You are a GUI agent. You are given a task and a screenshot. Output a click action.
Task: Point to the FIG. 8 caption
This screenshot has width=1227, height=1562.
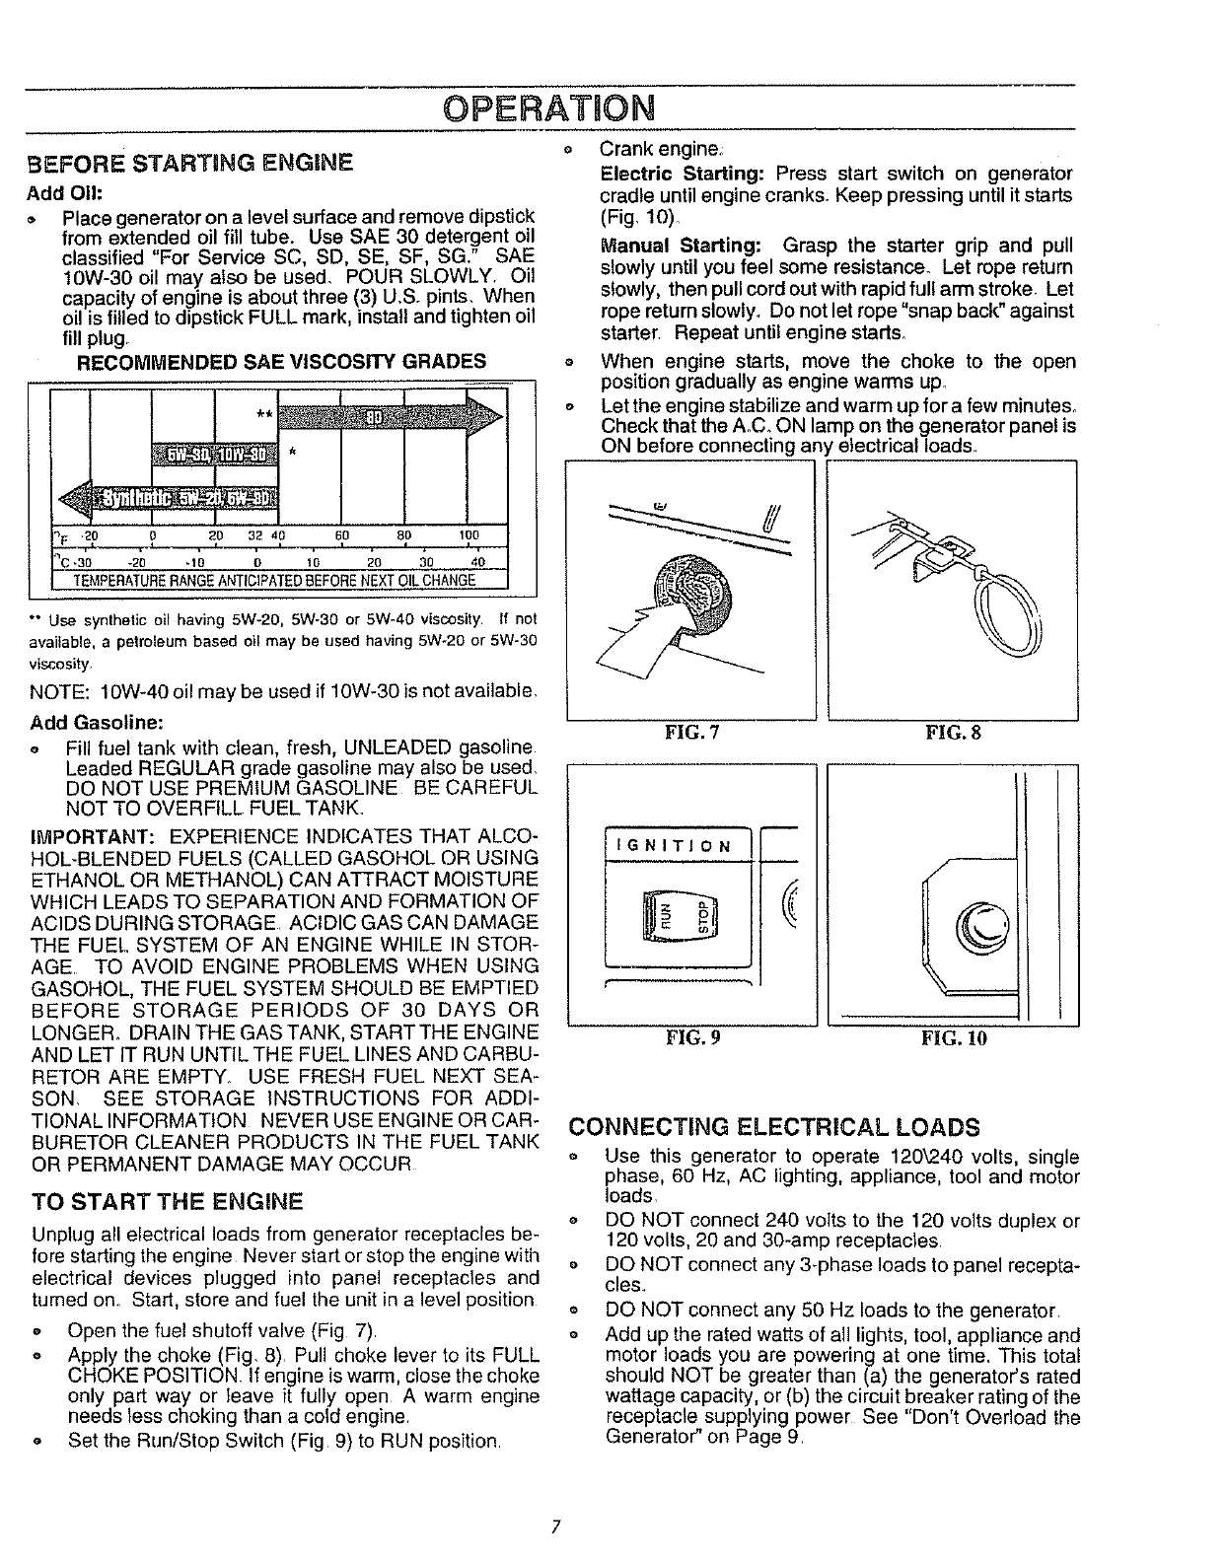tap(953, 733)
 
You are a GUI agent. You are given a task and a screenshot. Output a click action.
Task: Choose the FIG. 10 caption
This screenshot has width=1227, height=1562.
tap(953, 1037)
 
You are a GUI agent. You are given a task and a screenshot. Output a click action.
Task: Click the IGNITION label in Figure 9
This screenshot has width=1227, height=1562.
tap(673, 846)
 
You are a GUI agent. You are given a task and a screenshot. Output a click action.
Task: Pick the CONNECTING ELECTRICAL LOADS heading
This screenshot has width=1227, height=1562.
tap(775, 1127)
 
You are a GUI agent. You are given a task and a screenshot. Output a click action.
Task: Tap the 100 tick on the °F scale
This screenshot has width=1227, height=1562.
tap(469, 536)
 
